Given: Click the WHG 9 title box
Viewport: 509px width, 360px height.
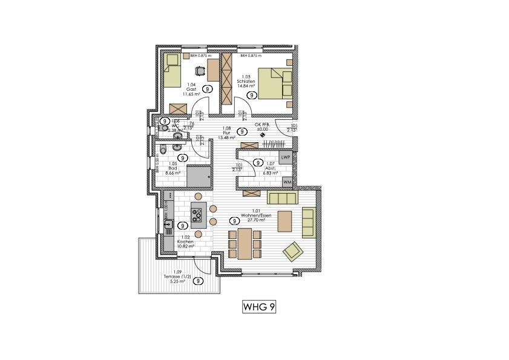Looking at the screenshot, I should pos(259,307).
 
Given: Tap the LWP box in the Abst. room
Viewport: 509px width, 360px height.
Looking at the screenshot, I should pos(287,157).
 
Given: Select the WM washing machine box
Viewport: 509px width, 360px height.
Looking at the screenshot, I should pos(287,182).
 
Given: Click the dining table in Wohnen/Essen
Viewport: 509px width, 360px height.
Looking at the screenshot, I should pos(245,243).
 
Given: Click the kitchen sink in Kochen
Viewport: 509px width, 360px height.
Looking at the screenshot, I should pos(169,224).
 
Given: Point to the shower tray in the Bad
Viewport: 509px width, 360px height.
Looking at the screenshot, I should pos(199,176).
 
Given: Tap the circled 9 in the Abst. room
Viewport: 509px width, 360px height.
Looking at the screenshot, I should pos(258,162).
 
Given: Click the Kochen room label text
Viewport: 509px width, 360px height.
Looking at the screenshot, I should pos(185,242).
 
